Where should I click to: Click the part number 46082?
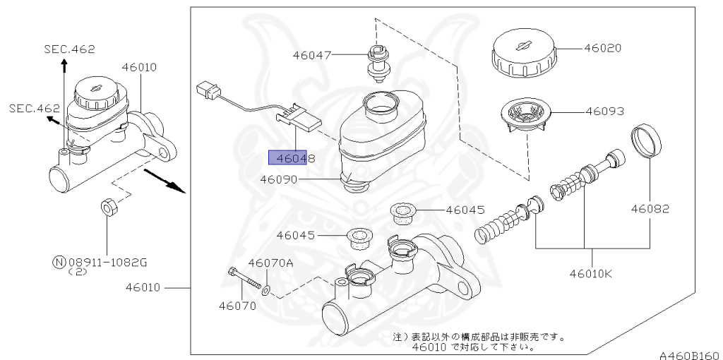[650, 209]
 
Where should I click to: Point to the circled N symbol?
[59, 262]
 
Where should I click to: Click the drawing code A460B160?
[689, 353]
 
